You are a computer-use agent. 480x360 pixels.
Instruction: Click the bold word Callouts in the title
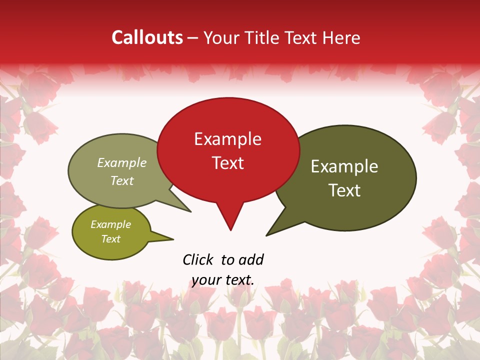click(147, 37)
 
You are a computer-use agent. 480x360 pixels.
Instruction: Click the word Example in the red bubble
click(227, 139)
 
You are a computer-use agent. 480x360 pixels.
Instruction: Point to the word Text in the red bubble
click(228, 163)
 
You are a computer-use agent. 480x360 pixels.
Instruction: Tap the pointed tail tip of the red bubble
click(230, 230)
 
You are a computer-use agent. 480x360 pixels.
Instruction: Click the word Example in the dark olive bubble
click(344, 166)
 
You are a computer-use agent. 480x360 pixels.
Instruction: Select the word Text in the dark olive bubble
click(344, 190)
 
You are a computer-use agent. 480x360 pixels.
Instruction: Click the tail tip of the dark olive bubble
click(266, 235)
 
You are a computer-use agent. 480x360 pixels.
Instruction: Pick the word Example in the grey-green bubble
click(122, 163)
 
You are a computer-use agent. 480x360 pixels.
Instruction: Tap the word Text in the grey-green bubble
click(122, 180)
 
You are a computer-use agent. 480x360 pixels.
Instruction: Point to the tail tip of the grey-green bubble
click(190, 211)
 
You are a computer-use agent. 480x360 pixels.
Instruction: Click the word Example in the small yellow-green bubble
click(110, 224)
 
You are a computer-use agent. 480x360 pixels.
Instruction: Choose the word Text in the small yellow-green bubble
click(110, 239)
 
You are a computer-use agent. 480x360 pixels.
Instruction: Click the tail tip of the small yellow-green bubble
click(173, 239)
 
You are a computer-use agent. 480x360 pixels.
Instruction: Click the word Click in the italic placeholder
click(199, 259)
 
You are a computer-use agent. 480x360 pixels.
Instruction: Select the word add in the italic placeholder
click(251, 259)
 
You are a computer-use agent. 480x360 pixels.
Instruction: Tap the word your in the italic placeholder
click(206, 280)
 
